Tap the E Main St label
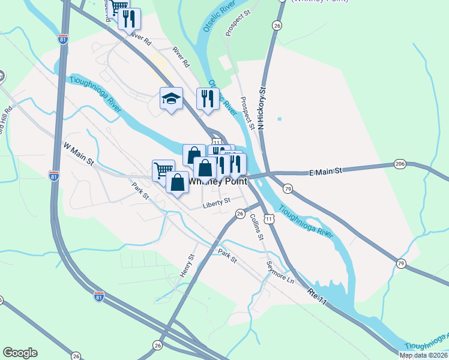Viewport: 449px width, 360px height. point(325,171)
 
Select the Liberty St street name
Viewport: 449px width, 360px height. point(216,201)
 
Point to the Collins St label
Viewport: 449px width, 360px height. point(256,226)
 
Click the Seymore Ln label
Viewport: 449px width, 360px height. point(282,272)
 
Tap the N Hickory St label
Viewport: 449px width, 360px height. point(262,108)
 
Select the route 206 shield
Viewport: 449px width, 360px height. point(400,164)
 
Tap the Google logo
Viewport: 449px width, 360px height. point(20,352)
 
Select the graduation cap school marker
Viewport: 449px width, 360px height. point(171,98)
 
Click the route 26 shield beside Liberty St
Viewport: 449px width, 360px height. point(240,214)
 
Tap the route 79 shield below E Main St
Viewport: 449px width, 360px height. point(288,189)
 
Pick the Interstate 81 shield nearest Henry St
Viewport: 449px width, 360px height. point(99,296)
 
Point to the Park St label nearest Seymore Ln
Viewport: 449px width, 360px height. point(228,256)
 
